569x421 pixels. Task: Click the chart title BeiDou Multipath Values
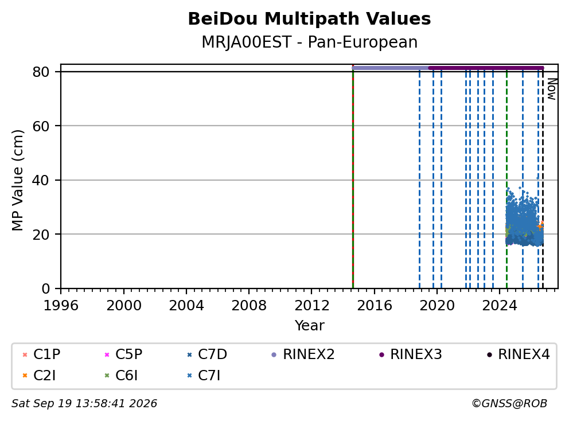[x=309, y=19]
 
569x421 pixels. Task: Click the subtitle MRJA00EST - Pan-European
[x=309, y=42]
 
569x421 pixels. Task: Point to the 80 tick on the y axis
[x=41, y=72]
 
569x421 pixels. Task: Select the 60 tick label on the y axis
[x=41, y=126]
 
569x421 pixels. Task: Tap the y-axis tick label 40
[x=41, y=180]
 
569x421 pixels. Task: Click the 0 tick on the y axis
[x=46, y=289]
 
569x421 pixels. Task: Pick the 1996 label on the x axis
[x=61, y=305]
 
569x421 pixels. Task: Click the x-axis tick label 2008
[x=249, y=305]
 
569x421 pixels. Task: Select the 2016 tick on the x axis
[x=374, y=305]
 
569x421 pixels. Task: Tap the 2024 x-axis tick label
[x=500, y=305]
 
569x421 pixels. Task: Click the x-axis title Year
[x=309, y=326]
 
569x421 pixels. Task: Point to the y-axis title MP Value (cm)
[x=17, y=180]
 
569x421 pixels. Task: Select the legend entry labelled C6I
[x=121, y=376]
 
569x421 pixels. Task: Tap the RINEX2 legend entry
[x=303, y=354]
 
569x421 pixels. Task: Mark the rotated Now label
[x=552, y=89]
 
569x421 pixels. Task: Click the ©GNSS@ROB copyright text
[x=509, y=403]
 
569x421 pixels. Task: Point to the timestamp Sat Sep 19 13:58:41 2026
[x=84, y=403]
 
